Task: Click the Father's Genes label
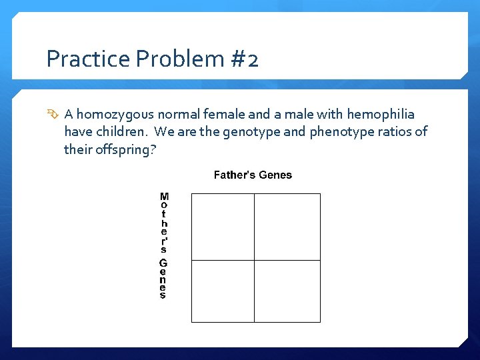coord(253,175)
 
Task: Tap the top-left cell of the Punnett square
coord(223,227)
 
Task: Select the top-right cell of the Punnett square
coord(287,227)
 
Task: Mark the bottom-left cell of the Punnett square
coord(223,291)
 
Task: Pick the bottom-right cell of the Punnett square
coord(287,291)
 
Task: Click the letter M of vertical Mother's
coord(164,197)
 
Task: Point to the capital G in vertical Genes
coord(163,263)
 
